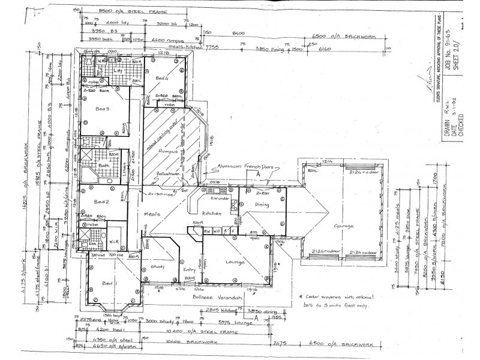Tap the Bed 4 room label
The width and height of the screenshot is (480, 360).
coord(161,79)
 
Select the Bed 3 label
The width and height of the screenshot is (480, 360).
coord(103,109)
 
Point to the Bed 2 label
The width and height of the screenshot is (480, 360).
coord(102,202)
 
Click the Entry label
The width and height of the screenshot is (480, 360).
coord(190,269)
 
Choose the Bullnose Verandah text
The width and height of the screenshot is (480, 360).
coord(217,298)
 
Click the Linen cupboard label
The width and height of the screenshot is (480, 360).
coord(133,173)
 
